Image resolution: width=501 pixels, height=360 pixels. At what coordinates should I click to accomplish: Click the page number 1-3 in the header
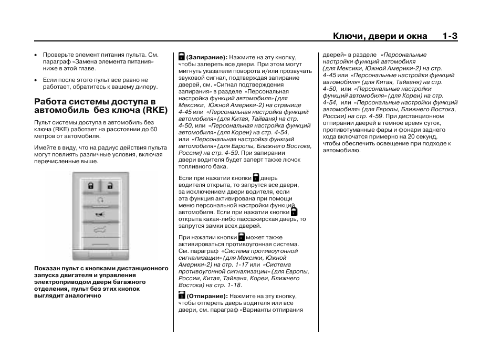tap(450, 36)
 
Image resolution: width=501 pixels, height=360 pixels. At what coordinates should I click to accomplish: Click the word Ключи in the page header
tap(348, 36)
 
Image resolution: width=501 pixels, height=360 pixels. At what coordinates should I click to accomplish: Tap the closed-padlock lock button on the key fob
tap(90, 185)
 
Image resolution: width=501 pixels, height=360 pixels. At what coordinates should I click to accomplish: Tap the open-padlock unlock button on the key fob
tap(111, 185)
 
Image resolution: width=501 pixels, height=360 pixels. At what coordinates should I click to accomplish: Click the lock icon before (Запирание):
tap(181, 56)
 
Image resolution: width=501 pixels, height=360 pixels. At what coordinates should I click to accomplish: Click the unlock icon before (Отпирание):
tap(181, 295)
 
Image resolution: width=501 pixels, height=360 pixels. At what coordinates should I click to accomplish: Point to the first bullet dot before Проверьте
tap(36, 55)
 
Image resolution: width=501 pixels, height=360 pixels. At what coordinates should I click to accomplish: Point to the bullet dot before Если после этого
tap(36, 80)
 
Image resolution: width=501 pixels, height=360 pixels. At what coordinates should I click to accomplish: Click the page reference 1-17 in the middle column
tap(241, 264)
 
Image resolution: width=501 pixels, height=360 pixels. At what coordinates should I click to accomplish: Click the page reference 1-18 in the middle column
tap(234, 285)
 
